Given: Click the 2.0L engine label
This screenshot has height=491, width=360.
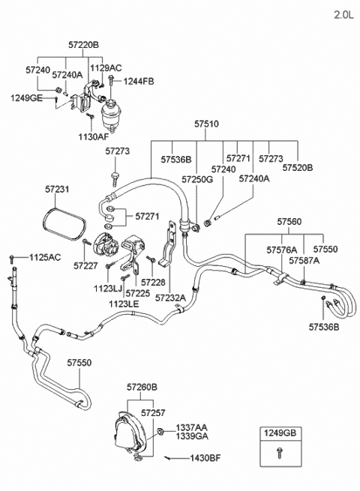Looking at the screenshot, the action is click(343, 15).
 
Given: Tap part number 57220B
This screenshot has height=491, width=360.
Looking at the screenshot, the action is click(83, 45).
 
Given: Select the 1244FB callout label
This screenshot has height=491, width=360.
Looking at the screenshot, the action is click(139, 82).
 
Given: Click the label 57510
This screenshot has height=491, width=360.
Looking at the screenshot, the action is click(206, 124).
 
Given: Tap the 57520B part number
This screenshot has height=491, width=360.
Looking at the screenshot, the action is click(298, 168).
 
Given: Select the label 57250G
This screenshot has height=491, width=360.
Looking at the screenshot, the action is click(197, 179).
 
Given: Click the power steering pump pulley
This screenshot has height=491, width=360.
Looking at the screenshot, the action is click(102, 244).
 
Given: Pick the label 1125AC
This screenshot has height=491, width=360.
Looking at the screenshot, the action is click(45, 257).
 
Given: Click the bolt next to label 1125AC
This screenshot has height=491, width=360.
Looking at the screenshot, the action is click(12, 259).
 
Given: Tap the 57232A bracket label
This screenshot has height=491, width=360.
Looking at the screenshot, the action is click(170, 298).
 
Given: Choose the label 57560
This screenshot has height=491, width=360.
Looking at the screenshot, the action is click(289, 222).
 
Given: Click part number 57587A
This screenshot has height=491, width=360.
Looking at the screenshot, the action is click(304, 261).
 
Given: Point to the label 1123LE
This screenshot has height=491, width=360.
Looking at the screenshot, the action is click(124, 304).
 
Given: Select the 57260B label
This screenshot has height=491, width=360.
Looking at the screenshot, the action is click(142, 388).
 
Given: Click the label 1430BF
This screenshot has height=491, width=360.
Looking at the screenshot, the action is click(205, 458).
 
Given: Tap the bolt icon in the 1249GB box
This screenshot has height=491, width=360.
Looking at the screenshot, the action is click(280, 453).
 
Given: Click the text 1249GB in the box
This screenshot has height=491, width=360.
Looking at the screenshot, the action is click(280, 433).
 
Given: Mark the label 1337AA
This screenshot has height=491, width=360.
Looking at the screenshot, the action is click(191, 427).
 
